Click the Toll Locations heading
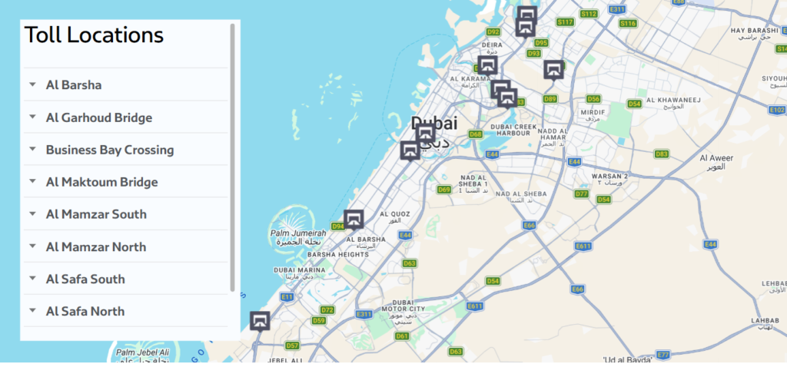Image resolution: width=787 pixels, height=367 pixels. click(x=94, y=35)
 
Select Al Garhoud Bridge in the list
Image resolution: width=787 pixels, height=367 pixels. click(x=99, y=117)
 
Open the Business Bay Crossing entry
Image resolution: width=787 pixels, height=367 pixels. click(x=110, y=150)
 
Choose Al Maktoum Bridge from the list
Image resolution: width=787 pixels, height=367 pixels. click(x=102, y=182)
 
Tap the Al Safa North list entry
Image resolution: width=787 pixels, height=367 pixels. click(x=85, y=311)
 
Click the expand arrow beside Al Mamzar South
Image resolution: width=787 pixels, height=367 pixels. click(x=32, y=213)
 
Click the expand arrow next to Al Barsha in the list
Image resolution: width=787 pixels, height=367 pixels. click(x=32, y=84)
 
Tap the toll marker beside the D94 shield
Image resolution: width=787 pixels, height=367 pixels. click(x=354, y=220)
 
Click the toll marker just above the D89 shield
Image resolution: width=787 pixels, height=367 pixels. click(x=553, y=70)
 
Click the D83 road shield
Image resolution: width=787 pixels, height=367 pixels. click(x=661, y=154)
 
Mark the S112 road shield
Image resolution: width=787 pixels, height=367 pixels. click(x=588, y=14)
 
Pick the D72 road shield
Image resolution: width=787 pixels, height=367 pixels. click(x=327, y=310)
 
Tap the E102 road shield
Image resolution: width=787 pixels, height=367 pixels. click(x=776, y=110)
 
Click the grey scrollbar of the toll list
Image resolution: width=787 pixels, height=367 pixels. click(x=232, y=157)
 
